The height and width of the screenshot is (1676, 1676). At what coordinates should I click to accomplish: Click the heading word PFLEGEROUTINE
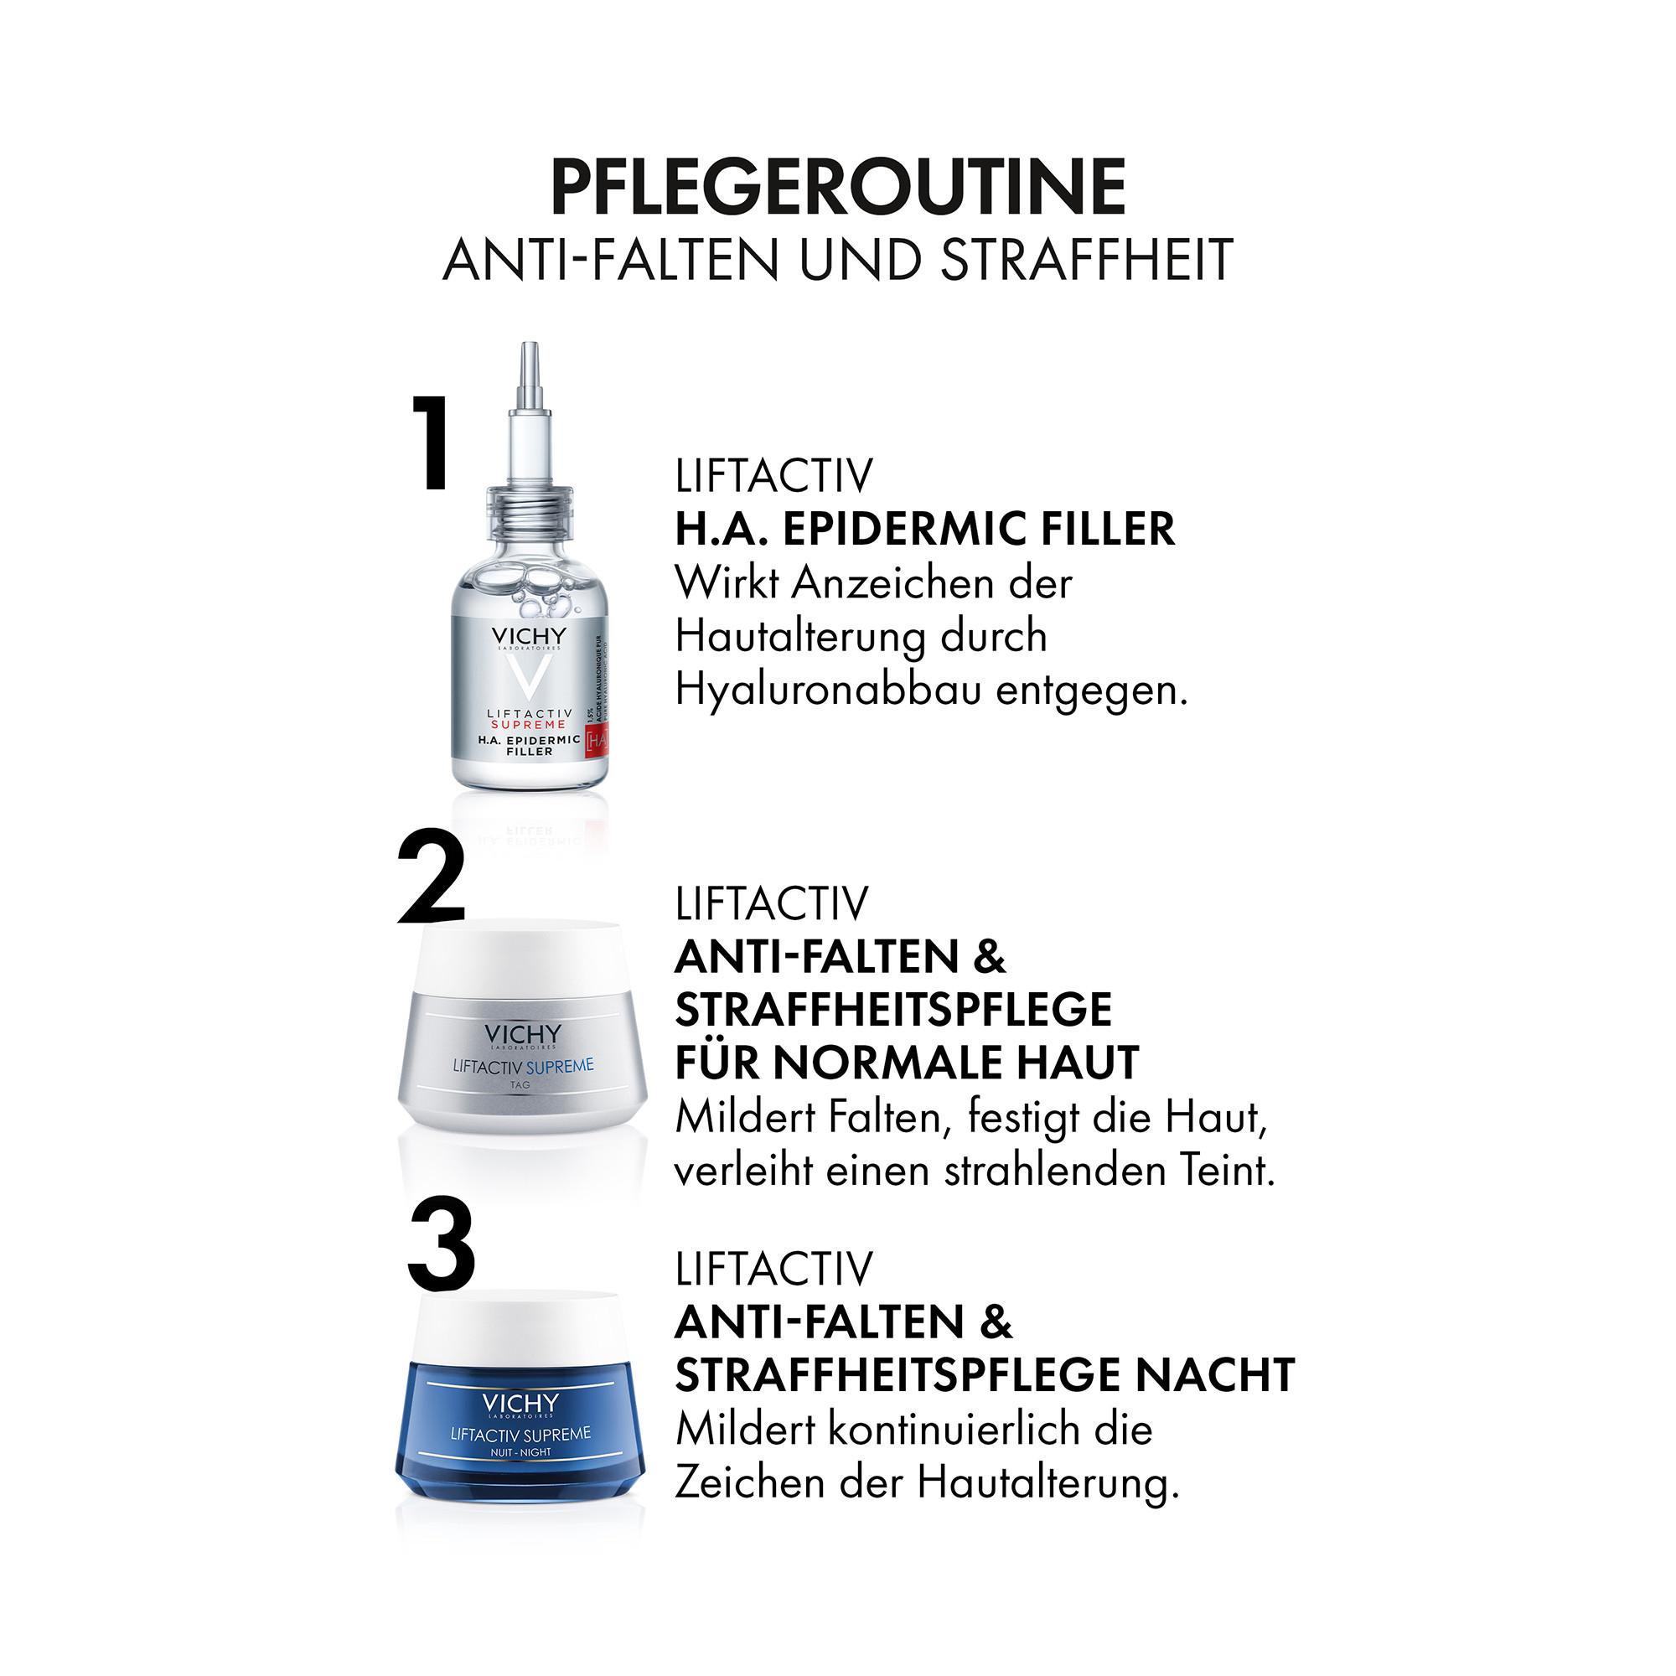[x=838, y=188]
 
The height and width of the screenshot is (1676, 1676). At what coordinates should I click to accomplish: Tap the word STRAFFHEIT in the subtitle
[x=1087, y=258]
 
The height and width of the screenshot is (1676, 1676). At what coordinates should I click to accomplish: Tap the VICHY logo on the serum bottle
[x=527, y=636]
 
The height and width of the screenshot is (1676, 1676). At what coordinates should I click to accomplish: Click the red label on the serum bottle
[x=597, y=739]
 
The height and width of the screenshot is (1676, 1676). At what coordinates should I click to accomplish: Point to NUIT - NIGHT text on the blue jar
[x=520, y=1451]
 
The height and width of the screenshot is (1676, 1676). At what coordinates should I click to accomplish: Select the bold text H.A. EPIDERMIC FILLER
[x=925, y=529]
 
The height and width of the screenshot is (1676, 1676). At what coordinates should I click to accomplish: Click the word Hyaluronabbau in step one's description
[x=828, y=691]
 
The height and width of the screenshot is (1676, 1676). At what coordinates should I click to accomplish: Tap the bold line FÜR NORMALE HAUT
[x=907, y=1063]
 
